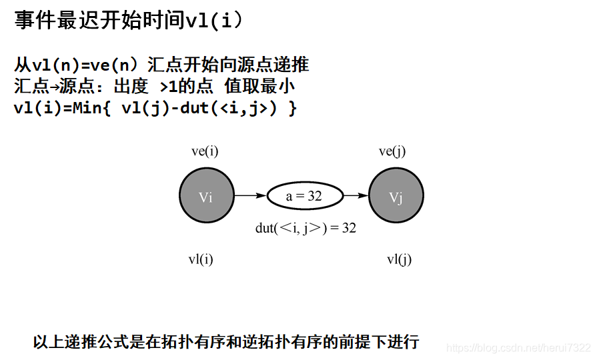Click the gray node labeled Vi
coord(206,196)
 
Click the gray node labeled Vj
coord(396,196)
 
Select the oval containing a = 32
coord(305,196)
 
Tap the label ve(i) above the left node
coord(205,151)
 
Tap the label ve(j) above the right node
coord(392,151)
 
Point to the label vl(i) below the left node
coord(201,260)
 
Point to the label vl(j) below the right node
coord(400,260)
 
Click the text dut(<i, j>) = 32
coord(306,228)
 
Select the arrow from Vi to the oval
coord(250,196)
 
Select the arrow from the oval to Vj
coord(356,196)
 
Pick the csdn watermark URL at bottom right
coord(518,348)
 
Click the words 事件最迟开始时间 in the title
coord(99,21)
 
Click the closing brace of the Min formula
coord(291,109)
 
